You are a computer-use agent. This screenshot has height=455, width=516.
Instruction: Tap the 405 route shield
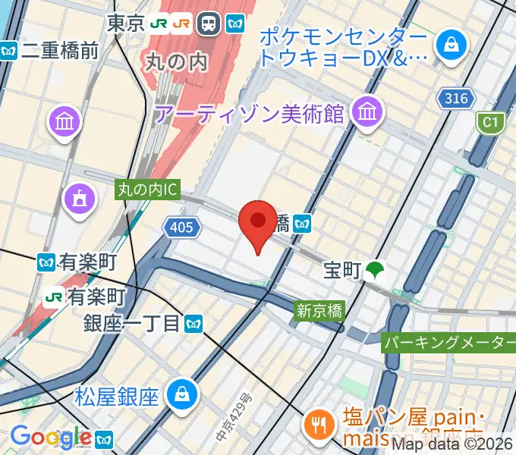(182, 227)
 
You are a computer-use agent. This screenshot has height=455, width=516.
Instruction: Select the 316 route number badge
(455, 98)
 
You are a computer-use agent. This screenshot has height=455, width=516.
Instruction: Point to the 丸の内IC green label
(147, 190)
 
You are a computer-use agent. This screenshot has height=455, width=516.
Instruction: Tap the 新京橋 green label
(319, 309)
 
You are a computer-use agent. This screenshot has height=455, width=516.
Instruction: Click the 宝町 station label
(342, 270)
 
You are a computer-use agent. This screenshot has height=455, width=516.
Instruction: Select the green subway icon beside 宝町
(374, 270)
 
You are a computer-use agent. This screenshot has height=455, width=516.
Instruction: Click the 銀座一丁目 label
(132, 324)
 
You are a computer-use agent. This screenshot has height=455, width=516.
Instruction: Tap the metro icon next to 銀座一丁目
(194, 324)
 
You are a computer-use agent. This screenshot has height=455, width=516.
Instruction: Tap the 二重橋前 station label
(60, 51)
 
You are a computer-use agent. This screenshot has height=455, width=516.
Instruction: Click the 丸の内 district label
(175, 61)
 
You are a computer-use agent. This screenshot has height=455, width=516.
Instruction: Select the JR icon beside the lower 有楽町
(54, 295)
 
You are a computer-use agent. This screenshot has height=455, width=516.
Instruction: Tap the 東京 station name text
(126, 24)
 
